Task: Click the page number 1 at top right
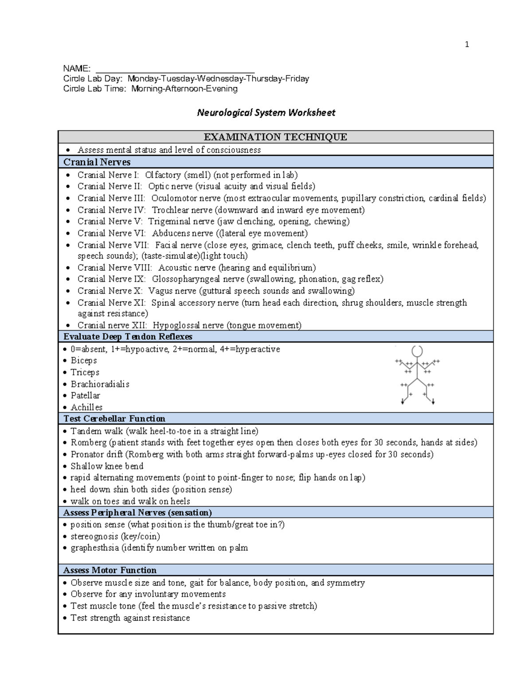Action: click(x=467, y=44)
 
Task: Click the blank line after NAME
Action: click(x=175, y=69)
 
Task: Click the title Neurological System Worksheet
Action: click(x=266, y=113)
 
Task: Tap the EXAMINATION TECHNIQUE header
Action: click(x=275, y=137)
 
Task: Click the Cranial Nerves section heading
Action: click(x=97, y=162)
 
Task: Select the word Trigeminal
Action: click(x=168, y=221)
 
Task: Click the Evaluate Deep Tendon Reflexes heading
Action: click(x=128, y=336)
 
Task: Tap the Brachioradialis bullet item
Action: click(x=100, y=384)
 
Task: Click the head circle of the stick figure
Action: click(x=417, y=351)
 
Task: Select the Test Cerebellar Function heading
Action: click(x=114, y=418)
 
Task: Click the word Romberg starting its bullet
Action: click(x=89, y=442)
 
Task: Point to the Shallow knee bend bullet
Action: click(x=107, y=466)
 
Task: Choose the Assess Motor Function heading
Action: click(x=110, y=570)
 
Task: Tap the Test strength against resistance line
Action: click(x=130, y=618)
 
